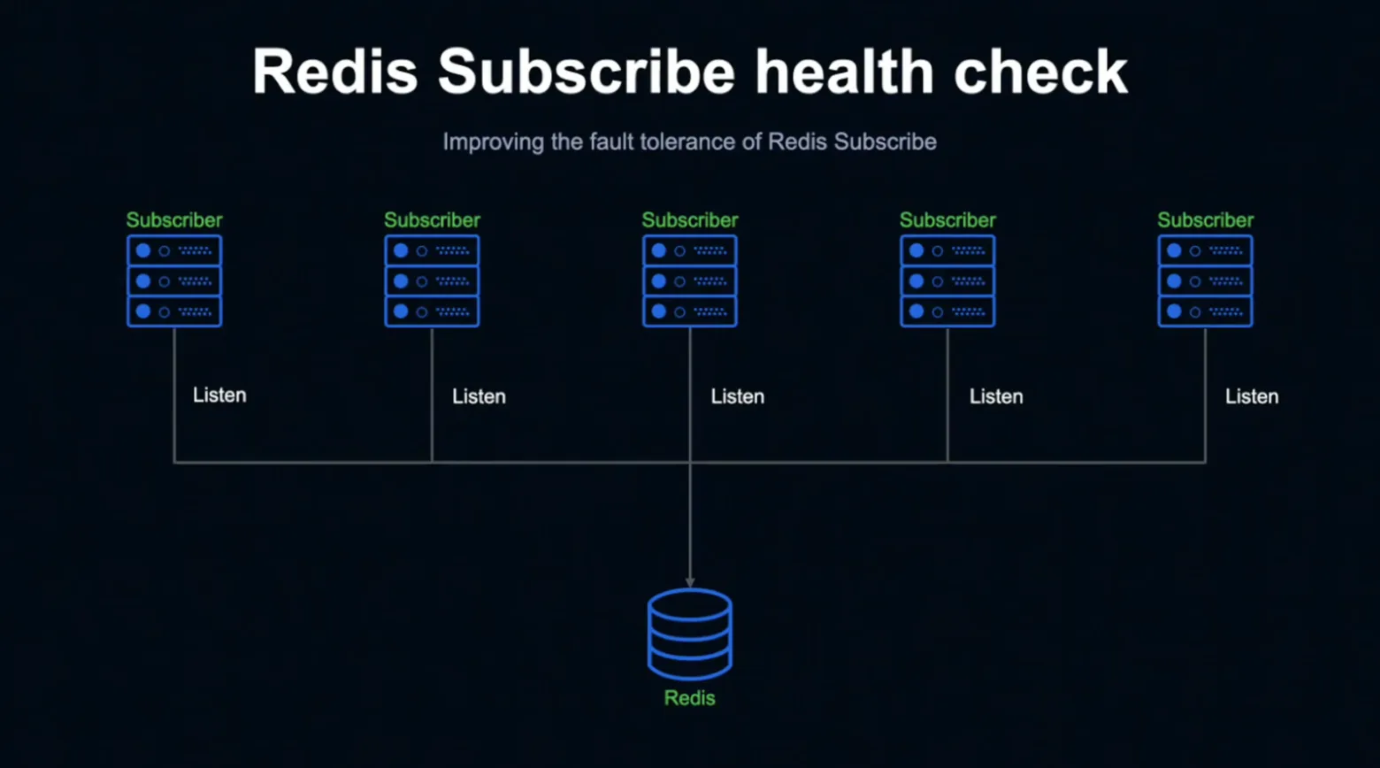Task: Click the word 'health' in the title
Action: coord(845,72)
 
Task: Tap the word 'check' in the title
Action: coord(1040,72)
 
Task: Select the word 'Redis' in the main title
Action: coord(335,72)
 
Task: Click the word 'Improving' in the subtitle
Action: coord(494,142)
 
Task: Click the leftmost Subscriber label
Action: coord(174,220)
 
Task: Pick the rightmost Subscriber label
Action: coord(1206,220)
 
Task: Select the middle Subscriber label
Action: coord(690,220)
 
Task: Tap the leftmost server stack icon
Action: coord(174,281)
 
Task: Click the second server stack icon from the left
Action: coord(432,281)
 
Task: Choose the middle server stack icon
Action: coord(690,281)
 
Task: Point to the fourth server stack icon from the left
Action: coord(947,281)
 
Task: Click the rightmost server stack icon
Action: coord(1206,281)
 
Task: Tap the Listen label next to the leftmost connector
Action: coord(220,396)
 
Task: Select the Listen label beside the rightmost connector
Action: coord(1252,396)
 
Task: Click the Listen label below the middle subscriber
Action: coord(738,396)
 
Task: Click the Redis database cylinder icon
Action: coord(690,635)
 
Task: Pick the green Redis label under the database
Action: coord(690,698)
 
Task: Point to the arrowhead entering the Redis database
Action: coord(690,583)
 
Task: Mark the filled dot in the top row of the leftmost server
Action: coord(143,251)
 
